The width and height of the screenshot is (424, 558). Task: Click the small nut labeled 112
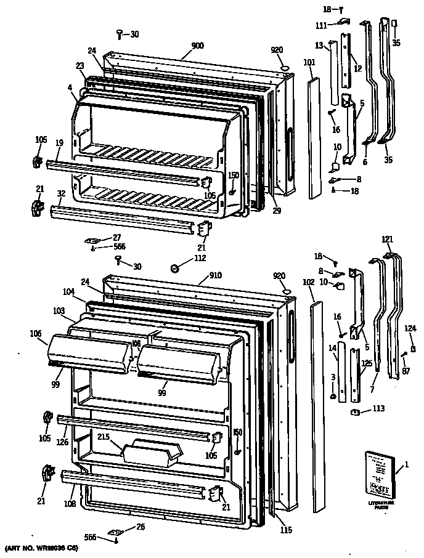click(x=174, y=268)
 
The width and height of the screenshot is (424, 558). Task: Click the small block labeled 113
click(x=356, y=412)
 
